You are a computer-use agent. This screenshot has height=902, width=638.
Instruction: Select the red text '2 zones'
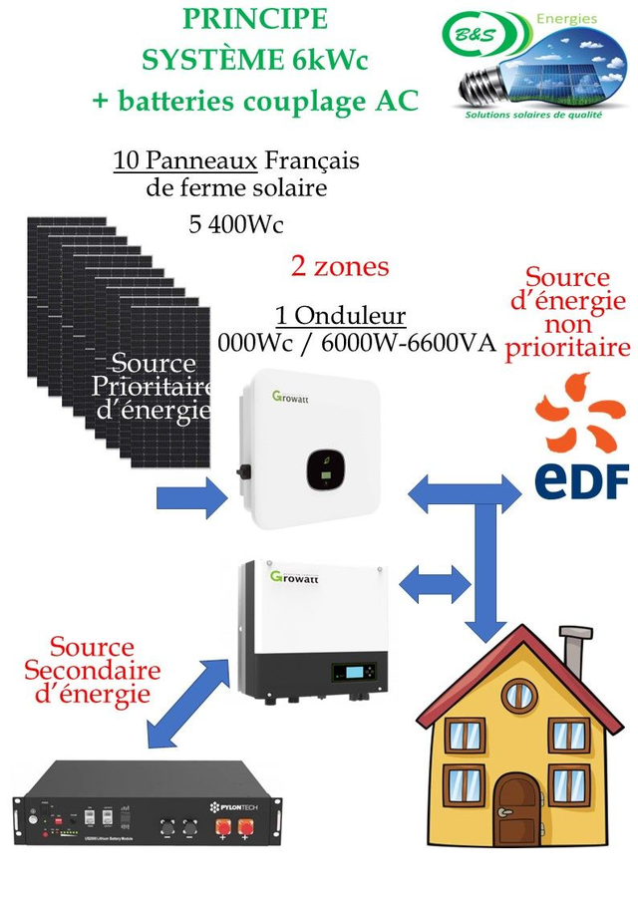pyautogui.click(x=339, y=266)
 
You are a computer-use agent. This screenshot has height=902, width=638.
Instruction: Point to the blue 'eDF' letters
pyautogui.click(x=582, y=478)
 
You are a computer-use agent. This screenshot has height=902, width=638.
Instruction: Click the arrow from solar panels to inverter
pyautogui.click(x=192, y=496)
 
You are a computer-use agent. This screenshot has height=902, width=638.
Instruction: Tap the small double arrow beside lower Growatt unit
pyautogui.click(x=435, y=583)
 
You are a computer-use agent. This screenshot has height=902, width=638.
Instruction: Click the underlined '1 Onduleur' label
pyautogui.click(x=340, y=316)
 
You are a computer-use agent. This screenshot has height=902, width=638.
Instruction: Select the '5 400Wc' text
pyautogui.click(x=236, y=223)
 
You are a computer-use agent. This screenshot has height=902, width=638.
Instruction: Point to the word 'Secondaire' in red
pyautogui.click(x=92, y=669)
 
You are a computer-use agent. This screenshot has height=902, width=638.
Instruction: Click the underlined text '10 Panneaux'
pyautogui.click(x=186, y=160)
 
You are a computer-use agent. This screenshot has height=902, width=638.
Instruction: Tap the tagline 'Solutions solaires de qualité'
pyautogui.click(x=535, y=115)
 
